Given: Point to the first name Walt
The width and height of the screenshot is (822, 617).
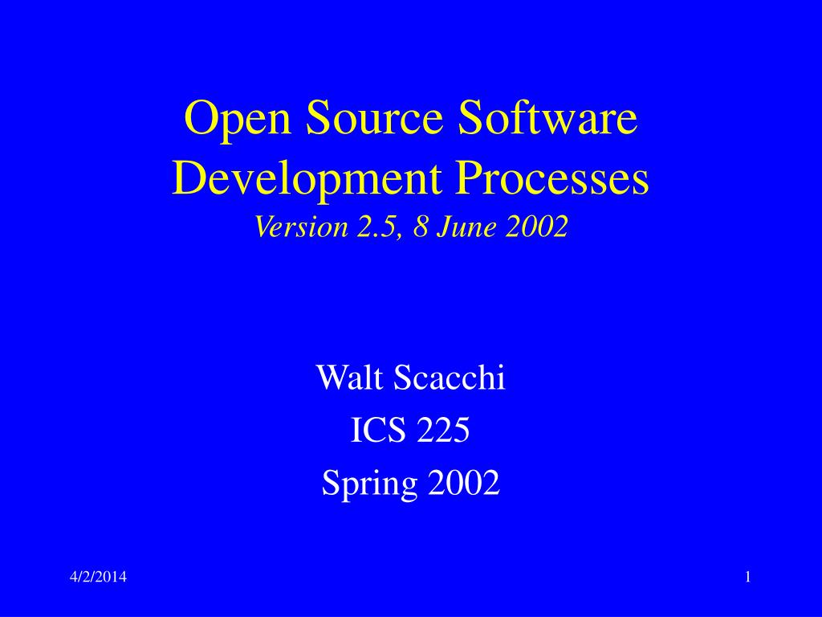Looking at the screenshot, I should click(x=344, y=377).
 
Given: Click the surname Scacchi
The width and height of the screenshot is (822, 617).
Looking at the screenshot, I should click(x=451, y=377).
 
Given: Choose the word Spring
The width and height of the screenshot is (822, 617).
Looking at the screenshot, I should click(x=369, y=484).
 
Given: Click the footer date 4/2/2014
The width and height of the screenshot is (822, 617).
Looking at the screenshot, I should click(x=98, y=578).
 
